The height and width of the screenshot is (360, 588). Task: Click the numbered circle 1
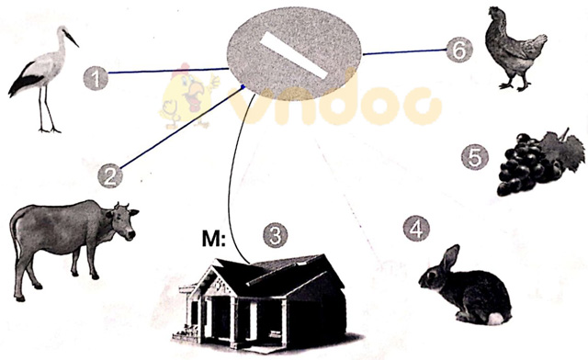(96, 78)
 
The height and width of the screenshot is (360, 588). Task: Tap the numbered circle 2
(110, 175)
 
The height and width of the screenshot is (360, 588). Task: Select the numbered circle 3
(276, 236)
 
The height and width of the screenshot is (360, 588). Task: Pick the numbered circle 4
(416, 228)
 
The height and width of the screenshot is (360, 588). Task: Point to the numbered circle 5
(475, 157)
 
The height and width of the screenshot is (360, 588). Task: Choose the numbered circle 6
(459, 50)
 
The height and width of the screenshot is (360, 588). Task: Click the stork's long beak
(71, 39)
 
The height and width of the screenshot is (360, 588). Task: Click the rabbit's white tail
(496, 319)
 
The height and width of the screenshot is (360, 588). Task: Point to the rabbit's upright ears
(450, 256)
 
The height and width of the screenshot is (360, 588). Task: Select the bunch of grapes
(540, 163)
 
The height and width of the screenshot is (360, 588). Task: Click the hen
(515, 49)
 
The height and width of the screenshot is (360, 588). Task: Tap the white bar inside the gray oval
(295, 55)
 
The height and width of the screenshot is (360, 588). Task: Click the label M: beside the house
(214, 239)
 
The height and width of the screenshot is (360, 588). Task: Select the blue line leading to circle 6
(404, 52)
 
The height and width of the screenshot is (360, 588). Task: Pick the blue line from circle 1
(168, 71)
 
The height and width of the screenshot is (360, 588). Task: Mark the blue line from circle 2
(183, 127)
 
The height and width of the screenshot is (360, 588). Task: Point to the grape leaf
(562, 148)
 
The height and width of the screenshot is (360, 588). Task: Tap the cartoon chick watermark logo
(187, 96)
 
